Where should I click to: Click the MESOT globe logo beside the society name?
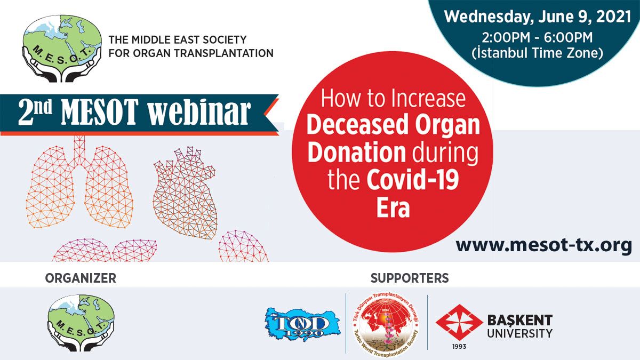point(62,49)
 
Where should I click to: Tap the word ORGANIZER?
point(81,278)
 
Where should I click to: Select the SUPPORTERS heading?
point(410,278)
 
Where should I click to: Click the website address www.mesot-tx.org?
point(543,245)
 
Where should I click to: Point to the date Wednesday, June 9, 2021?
point(538,17)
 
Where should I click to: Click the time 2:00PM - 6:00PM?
point(538,38)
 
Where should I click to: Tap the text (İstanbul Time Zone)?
point(538,53)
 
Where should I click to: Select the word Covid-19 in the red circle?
point(413,180)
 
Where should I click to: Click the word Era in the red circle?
point(393,207)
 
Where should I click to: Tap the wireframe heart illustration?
point(185,193)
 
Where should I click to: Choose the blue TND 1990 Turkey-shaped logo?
point(302,324)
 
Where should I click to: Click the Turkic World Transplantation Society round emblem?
point(386,325)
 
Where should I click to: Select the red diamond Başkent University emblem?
point(459,322)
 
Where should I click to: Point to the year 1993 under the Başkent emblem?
point(459,346)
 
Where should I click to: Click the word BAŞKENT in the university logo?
point(519,321)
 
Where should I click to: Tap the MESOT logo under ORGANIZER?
point(81,323)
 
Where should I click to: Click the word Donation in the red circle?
point(357,153)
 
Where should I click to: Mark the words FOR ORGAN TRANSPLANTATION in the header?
point(191,53)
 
